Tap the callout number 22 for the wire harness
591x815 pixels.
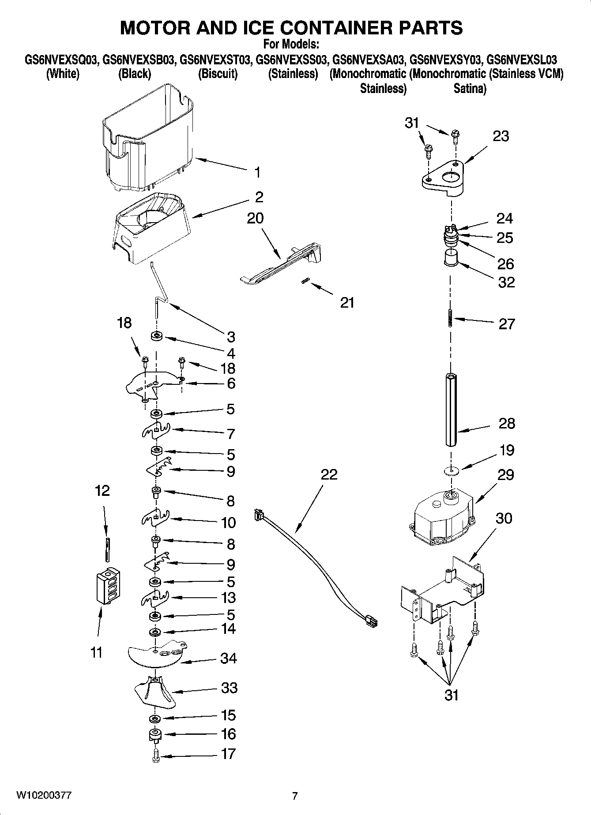coord(329,474)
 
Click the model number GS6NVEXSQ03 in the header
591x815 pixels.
coord(61,59)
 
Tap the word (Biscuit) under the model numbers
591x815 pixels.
coord(218,74)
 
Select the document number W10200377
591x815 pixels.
coord(44,795)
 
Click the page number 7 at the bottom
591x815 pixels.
coord(295,796)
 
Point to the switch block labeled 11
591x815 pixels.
coord(109,586)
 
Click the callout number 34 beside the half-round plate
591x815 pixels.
coord(229,658)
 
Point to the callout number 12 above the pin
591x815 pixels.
coord(102,491)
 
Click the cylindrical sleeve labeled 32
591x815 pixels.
coord(451,257)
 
